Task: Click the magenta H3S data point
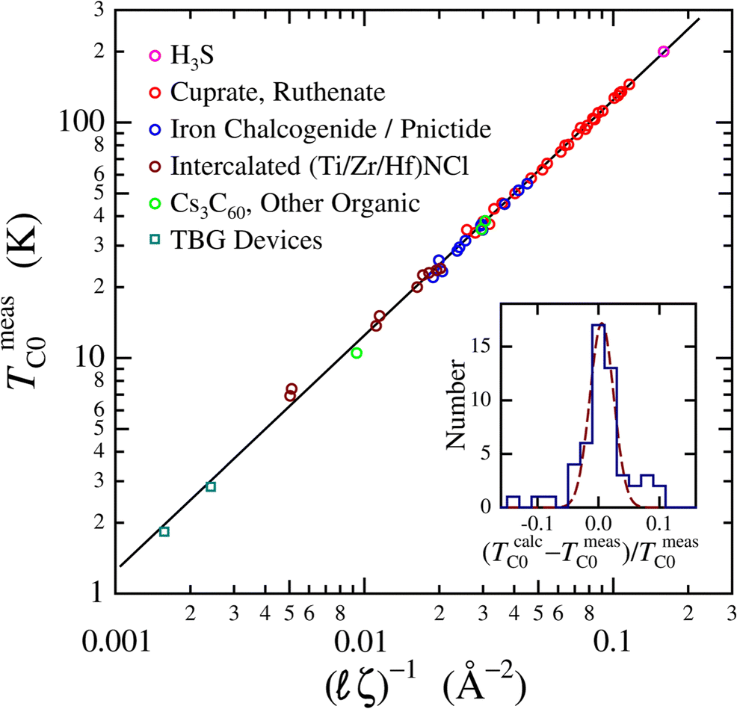pyautogui.click(x=663, y=52)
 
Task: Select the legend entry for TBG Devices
pyautogui.click(x=247, y=241)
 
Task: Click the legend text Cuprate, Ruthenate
pyautogui.click(x=278, y=93)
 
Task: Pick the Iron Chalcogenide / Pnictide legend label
pyautogui.click(x=330, y=129)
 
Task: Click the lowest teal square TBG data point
pyautogui.click(x=164, y=532)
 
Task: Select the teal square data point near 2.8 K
pyautogui.click(x=211, y=487)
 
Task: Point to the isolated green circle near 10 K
pyautogui.click(x=357, y=353)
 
